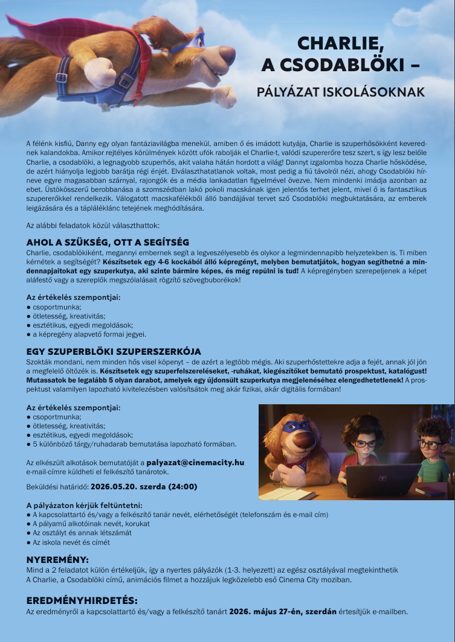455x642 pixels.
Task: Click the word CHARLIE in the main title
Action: pos(341,43)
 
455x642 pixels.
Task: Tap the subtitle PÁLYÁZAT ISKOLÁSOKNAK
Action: pos(341,92)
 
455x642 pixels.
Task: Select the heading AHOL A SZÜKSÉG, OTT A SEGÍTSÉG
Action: pos(108,242)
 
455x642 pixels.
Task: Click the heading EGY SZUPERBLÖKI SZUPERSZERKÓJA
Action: pos(114,351)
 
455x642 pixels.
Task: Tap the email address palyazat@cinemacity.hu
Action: pos(195,462)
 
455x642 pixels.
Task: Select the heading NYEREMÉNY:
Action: pos(57,559)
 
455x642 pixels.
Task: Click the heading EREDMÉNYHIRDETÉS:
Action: pos(82,600)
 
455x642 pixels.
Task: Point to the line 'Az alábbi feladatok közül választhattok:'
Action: pos(92,225)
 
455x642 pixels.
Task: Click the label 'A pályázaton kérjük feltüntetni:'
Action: pos(84,505)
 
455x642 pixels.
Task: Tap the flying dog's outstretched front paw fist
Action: pos(225,97)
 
